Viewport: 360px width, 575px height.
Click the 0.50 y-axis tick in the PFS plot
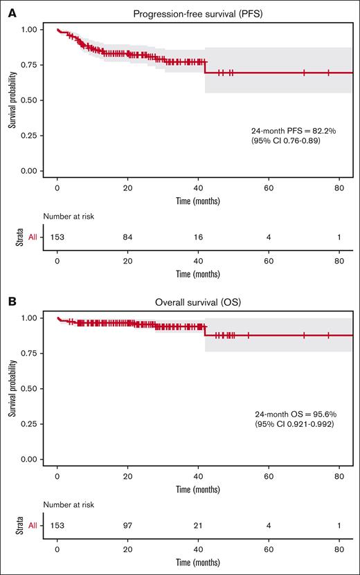[x=27, y=100]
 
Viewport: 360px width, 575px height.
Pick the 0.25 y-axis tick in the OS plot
[x=27, y=424]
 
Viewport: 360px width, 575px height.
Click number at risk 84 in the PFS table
[x=128, y=237]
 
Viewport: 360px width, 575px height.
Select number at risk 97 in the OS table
[x=128, y=525]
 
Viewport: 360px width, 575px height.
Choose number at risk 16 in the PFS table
[x=199, y=237]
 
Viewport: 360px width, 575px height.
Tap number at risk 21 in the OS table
[x=199, y=525]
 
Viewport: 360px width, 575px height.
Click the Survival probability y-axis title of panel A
[x=12, y=100]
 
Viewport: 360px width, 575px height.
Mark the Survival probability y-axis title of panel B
[x=12, y=389]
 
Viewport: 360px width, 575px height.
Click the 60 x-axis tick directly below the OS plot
[x=269, y=475]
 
